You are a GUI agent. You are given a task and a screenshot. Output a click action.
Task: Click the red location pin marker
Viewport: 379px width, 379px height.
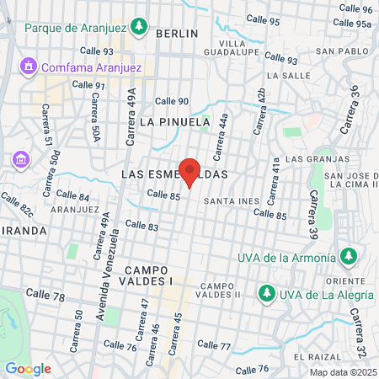(189, 172)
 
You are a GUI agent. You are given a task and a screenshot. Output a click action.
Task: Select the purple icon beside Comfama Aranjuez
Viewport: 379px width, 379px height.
(28, 65)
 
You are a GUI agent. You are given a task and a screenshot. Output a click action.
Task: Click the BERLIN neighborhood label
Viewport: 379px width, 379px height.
(177, 34)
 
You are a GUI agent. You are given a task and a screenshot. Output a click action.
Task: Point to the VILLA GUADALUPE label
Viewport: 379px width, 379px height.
(238, 48)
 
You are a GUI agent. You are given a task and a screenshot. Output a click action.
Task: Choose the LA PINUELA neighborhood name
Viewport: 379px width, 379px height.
(173, 122)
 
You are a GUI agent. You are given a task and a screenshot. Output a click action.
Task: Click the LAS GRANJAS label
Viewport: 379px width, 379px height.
(317, 159)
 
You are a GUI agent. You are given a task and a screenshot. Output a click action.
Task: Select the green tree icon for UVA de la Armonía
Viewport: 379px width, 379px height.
(348, 255)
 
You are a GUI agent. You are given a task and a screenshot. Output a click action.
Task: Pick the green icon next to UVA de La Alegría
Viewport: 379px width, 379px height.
(266, 293)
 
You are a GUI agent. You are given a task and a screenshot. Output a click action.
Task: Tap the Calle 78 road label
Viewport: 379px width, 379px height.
(45, 296)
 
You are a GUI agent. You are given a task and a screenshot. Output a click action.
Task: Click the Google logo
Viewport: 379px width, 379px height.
(28, 368)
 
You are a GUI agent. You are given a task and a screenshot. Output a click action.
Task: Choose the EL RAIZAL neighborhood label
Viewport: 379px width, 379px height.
(317, 356)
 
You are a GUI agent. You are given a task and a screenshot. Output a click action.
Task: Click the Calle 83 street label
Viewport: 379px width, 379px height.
(141, 226)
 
